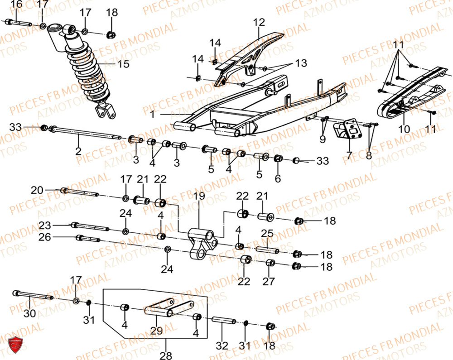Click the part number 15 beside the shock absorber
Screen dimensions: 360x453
[x=123, y=64]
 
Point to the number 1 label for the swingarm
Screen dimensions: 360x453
[x=153, y=115]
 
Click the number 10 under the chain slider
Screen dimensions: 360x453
[x=404, y=130]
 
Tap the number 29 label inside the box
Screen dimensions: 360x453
[x=157, y=331]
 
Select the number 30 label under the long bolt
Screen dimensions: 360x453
[x=29, y=313]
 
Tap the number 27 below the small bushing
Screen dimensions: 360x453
[x=269, y=281]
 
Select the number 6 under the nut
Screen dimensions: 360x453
[x=278, y=178]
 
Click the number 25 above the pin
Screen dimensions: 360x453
[x=267, y=234]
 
